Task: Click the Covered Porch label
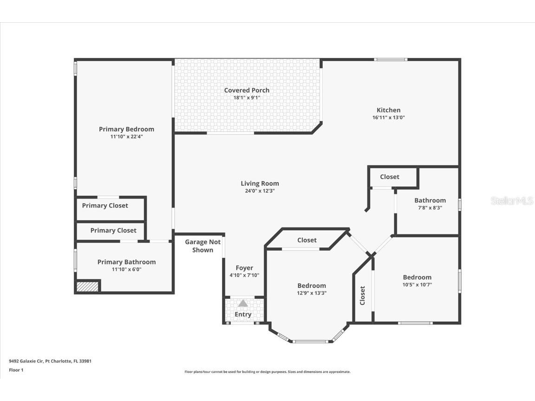[x=247, y=90]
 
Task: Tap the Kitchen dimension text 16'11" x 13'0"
[x=388, y=117]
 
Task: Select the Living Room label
[x=260, y=183]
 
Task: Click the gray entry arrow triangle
[x=243, y=303]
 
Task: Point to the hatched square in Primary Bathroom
[x=88, y=287]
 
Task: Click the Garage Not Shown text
[x=203, y=246]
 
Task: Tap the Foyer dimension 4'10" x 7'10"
[x=244, y=275]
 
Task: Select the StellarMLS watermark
[x=512, y=200]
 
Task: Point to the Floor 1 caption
[x=16, y=370]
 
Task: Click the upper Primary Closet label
[x=105, y=206]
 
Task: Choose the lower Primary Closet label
[x=113, y=230]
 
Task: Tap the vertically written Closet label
[x=362, y=296]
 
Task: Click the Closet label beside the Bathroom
[x=389, y=177]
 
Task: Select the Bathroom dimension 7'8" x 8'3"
[x=430, y=208]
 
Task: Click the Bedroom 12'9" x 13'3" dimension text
[x=312, y=293]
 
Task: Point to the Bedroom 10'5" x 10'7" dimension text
[x=417, y=285]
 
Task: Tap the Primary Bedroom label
[x=126, y=129]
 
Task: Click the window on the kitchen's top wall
[x=391, y=59]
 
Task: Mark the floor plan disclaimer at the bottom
[x=267, y=372]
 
